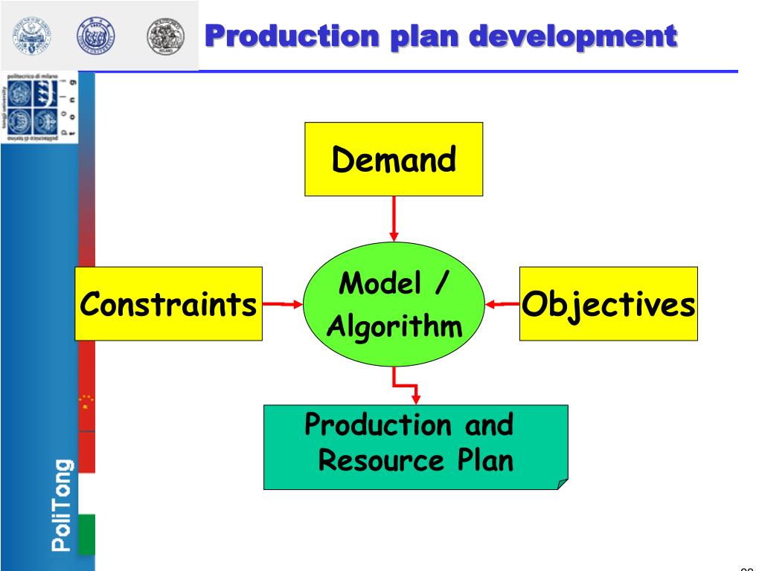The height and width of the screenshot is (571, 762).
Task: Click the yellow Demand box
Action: (x=394, y=159)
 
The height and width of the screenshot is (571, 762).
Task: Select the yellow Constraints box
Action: (x=168, y=303)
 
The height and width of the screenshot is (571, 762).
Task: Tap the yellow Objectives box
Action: (x=608, y=303)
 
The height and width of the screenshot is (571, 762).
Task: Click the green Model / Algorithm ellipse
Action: (x=394, y=305)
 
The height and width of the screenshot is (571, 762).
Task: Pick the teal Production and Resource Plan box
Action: (x=415, y=446)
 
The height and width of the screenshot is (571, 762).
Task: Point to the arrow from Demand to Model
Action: (x=394, y=219)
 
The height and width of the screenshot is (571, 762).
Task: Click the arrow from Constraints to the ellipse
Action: (x=283, y=303)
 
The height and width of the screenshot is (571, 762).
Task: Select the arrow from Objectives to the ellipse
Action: (x=502, y=303)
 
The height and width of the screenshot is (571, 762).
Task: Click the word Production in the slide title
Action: (x=280, y=35)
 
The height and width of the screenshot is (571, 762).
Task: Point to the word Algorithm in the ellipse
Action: (x=394, y=326)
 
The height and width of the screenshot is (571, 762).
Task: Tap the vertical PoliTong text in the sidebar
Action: (x=63, y=505)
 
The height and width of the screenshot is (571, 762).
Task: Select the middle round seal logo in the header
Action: (x=96, y=35)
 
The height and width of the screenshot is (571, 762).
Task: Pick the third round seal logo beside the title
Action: (x=164, y=35)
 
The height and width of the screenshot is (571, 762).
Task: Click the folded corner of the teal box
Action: (x=562, y=484)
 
